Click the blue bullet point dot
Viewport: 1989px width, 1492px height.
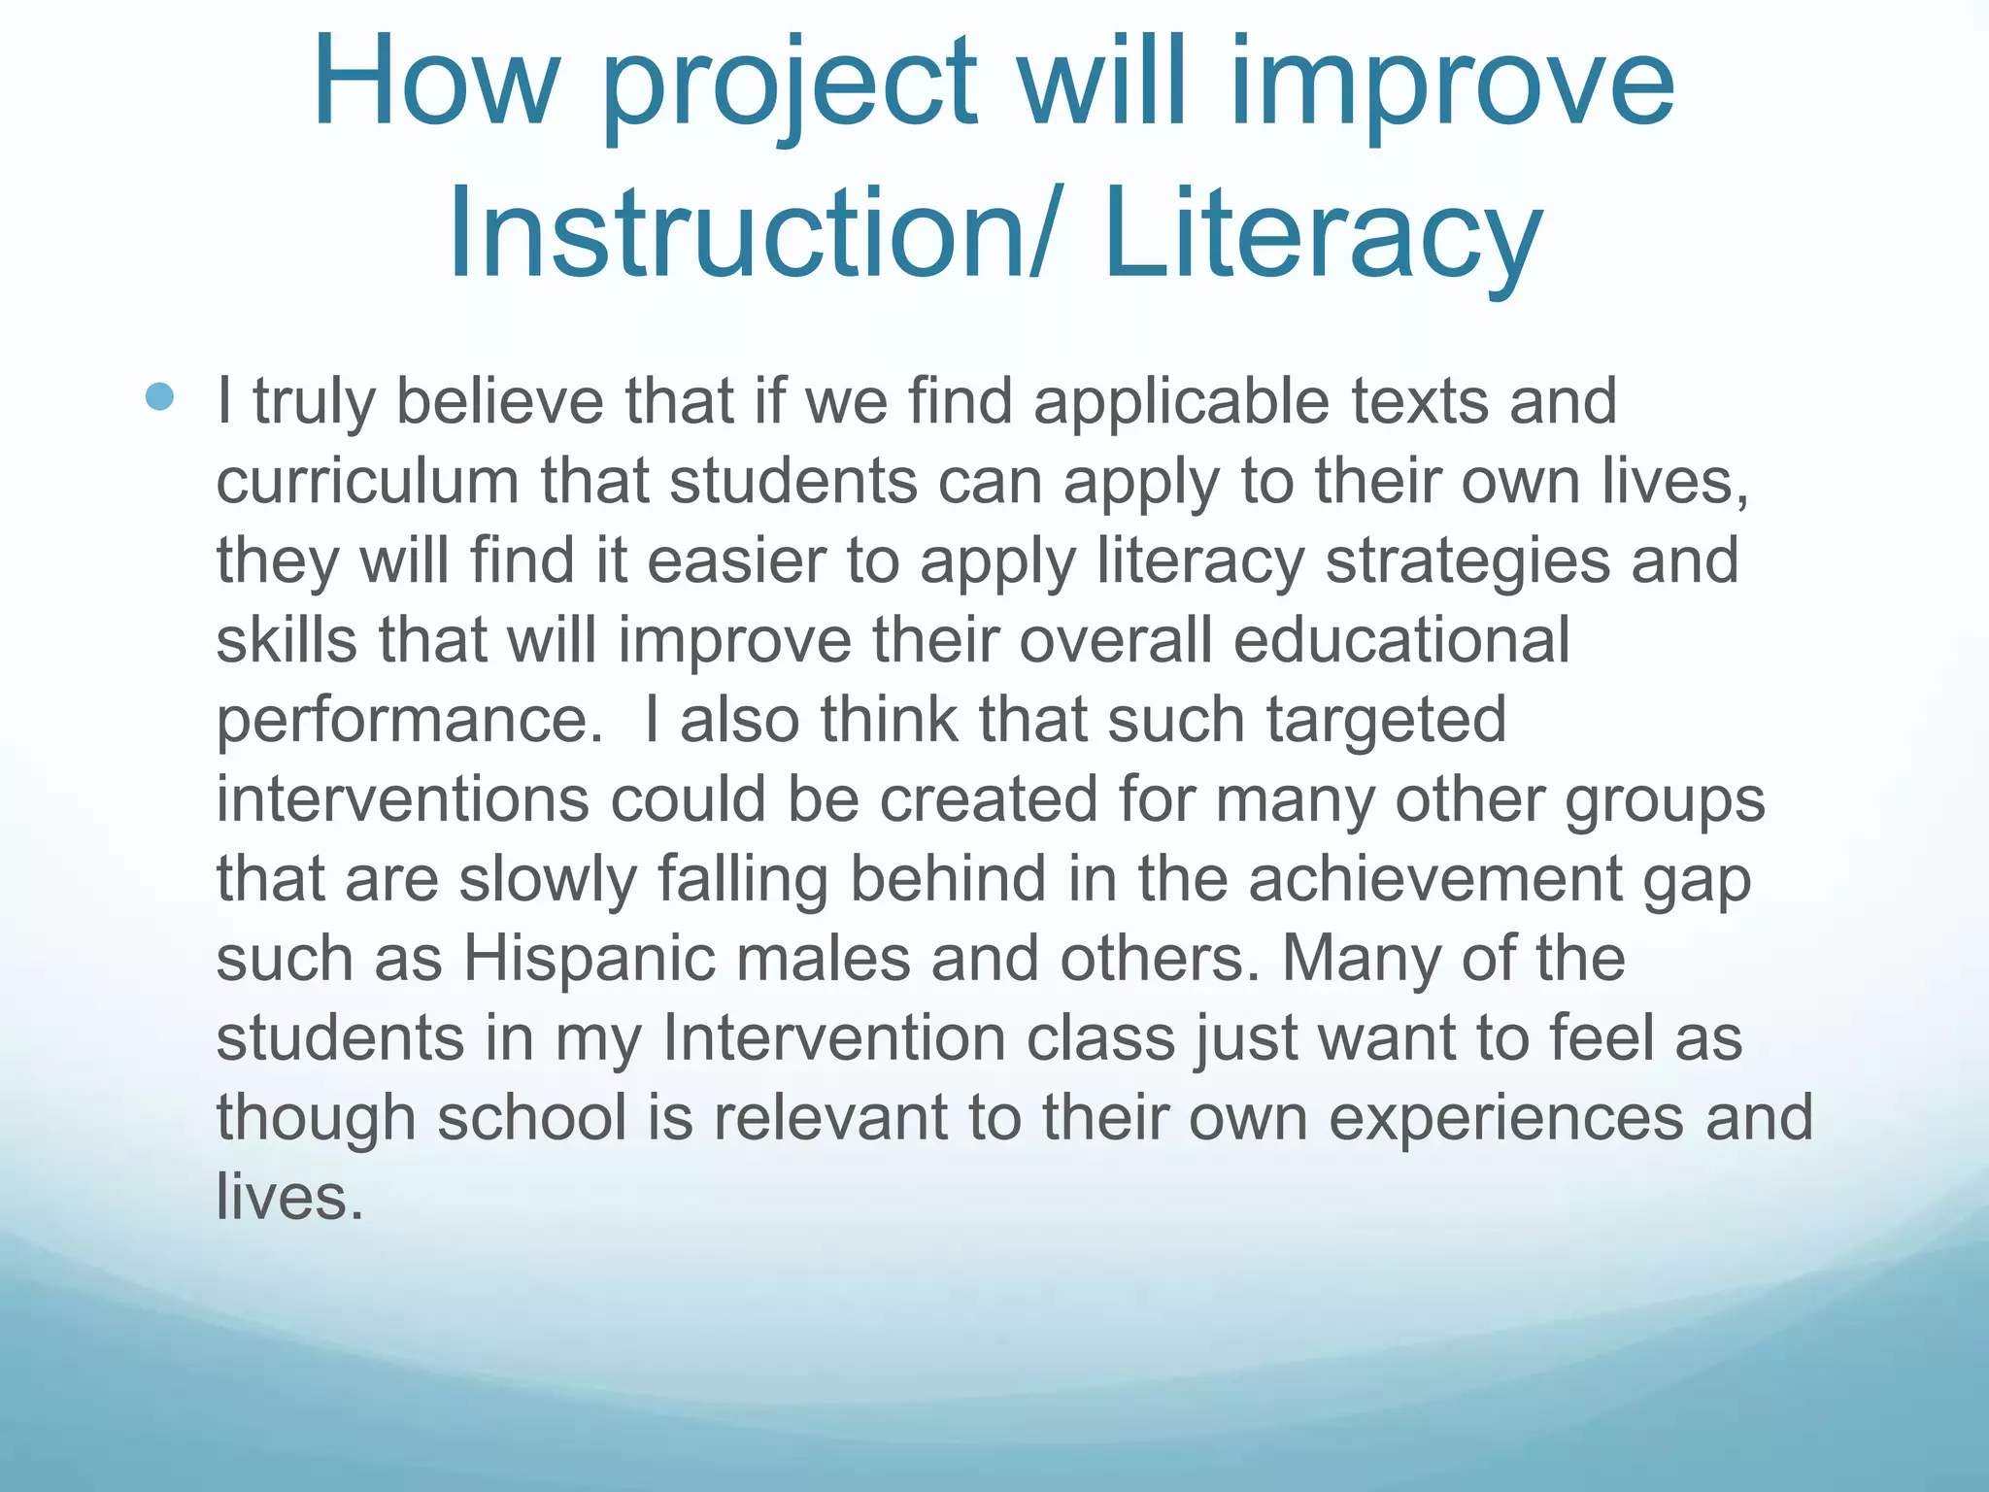click(x=159, y=396)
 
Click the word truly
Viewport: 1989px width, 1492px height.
click(x=314, y=401)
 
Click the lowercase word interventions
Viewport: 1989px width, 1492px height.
click(x=402, y=799)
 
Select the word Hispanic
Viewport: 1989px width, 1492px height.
click(x=589, y=959)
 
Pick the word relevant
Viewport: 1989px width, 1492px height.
click(x=830, y=1118)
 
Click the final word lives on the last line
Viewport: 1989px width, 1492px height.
click(x=289, y=1198)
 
